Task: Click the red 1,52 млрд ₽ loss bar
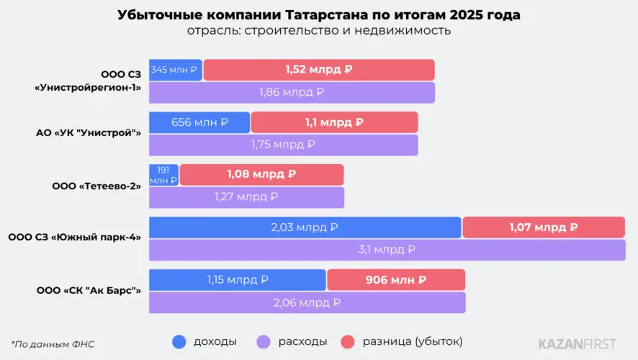319,70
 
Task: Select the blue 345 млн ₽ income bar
176,70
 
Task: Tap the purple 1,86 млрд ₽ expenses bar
292,92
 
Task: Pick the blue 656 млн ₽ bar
199,122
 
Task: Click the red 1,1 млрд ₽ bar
334,122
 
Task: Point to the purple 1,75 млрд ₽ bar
283,145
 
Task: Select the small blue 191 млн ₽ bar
163,175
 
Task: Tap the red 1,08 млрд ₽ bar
261,175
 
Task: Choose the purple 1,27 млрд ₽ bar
246,197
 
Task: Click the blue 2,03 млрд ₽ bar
305,228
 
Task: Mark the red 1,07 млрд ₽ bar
544,228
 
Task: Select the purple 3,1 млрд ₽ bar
387,250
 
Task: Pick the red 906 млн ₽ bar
396,280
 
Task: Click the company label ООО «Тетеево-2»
96,186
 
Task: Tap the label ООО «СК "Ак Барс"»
89,290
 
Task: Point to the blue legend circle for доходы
179,342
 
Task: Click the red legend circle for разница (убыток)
348,342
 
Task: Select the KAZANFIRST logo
577,344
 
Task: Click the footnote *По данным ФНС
53,344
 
